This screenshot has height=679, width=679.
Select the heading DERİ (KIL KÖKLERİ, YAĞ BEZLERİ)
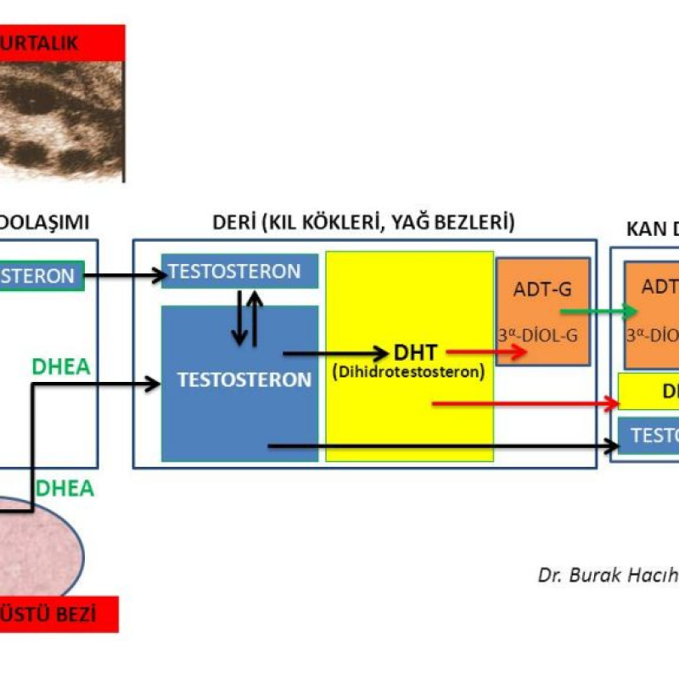[363, 223]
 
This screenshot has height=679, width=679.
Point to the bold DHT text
[415, 351]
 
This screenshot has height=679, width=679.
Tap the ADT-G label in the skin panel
[542, 289]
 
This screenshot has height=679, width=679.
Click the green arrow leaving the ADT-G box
[592, 311]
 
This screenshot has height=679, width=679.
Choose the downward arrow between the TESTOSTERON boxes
[239, 318]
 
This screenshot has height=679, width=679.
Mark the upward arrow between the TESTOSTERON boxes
[255, 318]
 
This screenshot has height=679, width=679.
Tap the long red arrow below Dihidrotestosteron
[526, 402]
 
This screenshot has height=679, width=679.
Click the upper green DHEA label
[61, 367]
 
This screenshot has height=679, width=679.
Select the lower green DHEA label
[65, 489]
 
